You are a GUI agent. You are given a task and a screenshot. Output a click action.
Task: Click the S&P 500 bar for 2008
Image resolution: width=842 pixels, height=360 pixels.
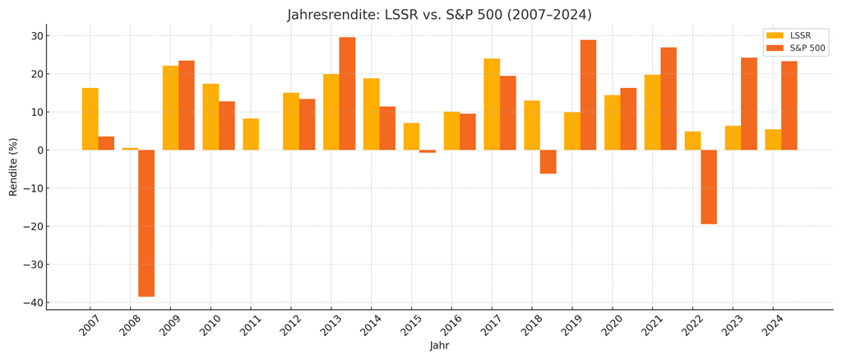pyautogui.click(x=146, y=223)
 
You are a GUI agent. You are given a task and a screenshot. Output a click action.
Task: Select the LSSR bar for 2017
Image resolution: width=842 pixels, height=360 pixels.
pyautogui.click(x=492, y=104)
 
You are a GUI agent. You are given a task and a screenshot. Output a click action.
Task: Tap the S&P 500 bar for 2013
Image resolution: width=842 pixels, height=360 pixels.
pyautogui.click(x=347, y=94)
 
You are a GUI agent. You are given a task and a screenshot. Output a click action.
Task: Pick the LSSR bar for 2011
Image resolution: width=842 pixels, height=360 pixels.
pyautogui.click(x=251, y=134)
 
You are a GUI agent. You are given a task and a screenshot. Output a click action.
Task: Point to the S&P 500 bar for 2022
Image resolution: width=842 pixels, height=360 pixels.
pyautogui.click(x=709, y=187)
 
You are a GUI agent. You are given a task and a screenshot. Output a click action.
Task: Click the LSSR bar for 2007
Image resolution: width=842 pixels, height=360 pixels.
pyautogui.click(x=90, y=119)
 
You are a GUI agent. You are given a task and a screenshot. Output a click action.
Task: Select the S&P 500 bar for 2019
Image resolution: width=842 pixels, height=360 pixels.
pyautogui.click(x=588, y=95)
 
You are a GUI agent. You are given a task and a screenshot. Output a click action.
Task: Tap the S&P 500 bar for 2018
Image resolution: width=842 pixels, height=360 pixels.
pyautogui.click(x=548, y=162)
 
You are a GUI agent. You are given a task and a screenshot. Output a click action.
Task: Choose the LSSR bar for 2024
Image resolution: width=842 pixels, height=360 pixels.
pyautogui.click(x=773, y=140)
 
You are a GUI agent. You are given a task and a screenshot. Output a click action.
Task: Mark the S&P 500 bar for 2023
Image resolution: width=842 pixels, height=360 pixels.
pyautogui.click(x=749, y=104)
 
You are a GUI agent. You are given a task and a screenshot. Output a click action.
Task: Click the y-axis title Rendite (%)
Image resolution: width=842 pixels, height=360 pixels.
pyautogui.click(x=13, y=167)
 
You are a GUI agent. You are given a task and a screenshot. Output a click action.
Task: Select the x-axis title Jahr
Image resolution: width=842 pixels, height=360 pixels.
pyautogui.click(x=439, y=346)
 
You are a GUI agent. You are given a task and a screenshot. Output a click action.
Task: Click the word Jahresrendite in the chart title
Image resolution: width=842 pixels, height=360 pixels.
pyautogui.click(x=333, y=15)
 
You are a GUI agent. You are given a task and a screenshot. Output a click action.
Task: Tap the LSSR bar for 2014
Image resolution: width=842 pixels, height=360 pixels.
pyautogui.click(x=371, y=114)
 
